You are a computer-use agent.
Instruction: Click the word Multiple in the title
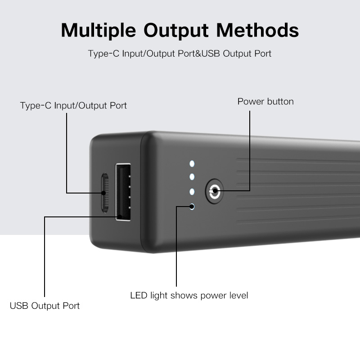(99, 30)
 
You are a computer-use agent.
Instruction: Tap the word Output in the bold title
(176, 30)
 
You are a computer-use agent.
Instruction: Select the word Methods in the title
(257, 30)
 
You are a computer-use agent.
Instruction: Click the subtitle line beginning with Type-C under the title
(180, 54)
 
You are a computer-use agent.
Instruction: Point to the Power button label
(265, 102)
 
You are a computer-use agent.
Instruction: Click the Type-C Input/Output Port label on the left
(73, 106)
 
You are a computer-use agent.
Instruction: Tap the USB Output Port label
(45, 306)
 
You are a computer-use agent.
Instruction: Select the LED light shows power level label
(189, 296)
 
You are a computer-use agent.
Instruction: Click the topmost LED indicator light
(192, 164)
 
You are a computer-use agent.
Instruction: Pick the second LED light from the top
(192, 177)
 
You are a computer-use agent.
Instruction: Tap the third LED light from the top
(192, 192)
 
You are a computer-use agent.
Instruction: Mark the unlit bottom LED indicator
(192, 207)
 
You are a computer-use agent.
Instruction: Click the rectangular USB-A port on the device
(123, 192)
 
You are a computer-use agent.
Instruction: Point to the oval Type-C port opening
(105, 193)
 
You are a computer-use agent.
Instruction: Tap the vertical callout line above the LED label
(176, 246)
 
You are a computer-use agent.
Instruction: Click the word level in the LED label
(239, 296)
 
